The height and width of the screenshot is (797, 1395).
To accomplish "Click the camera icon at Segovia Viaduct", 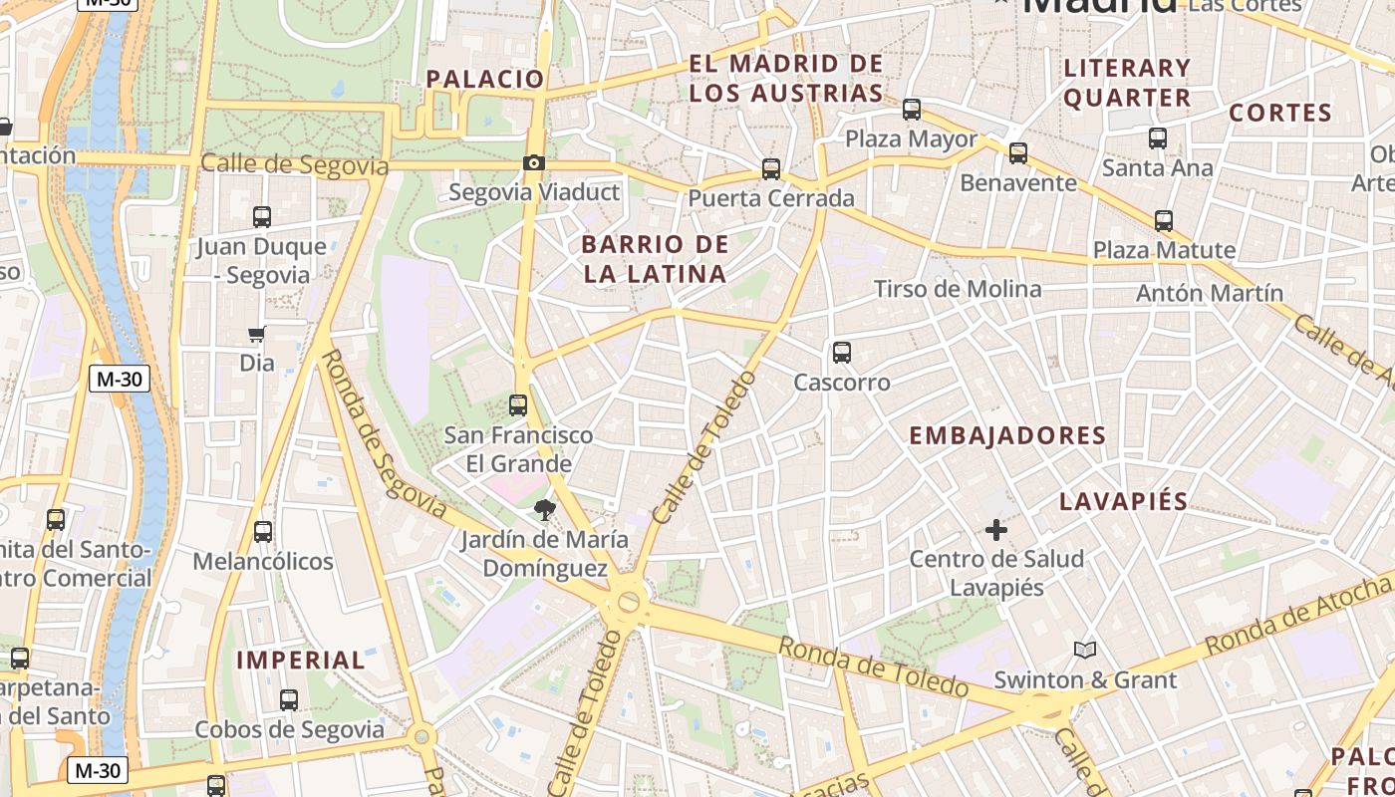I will (534, 162).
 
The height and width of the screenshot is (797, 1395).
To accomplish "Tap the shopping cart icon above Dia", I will (257, 334).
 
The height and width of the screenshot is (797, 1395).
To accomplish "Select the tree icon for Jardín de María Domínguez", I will (544, 510).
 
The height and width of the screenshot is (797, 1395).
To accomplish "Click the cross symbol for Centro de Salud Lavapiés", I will (995, 530).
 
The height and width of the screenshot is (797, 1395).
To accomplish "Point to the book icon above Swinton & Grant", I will (1085, 651).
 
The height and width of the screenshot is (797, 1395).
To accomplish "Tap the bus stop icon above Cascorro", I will (842, 353).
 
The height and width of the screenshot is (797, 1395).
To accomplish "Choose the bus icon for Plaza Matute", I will (1163, 221).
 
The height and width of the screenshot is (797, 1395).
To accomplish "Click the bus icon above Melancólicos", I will (263, 532).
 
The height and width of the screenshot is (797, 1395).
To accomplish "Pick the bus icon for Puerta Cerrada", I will (771, 169).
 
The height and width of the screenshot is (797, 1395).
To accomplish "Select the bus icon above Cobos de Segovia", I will (289, 700).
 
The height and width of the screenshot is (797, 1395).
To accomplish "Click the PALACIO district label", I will (485, 79).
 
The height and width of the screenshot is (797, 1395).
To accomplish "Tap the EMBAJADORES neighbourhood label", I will (1007, 435).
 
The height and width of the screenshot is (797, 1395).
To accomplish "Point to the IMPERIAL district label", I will (301, 660).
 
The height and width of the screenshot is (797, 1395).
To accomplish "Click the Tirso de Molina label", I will (958, 289).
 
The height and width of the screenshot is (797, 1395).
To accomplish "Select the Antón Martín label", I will (1210, 293).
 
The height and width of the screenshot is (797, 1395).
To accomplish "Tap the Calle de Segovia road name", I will (294, 164).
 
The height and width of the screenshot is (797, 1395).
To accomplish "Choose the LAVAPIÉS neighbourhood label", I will (1123, 501).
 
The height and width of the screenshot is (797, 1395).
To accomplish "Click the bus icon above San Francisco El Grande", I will (518, 405).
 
